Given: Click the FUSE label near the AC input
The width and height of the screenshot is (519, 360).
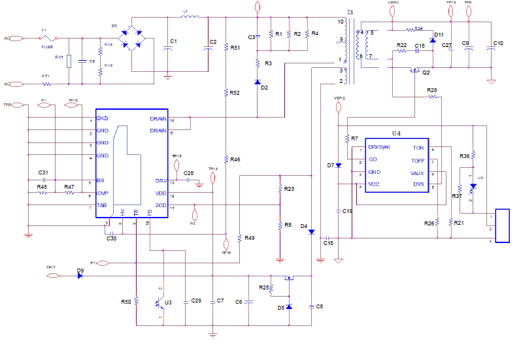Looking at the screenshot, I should pyautogui.click(x=47, y=47).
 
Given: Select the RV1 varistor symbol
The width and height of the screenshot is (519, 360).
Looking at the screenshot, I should pyautogui.click(x=69, y=61).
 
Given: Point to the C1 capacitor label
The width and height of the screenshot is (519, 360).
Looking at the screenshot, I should pyautogui.click(x=173, y=41).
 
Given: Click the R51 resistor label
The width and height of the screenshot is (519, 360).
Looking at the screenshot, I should pyautogui.click(x=235, y=48).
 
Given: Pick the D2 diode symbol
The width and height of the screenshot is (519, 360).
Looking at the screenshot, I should pyautogui.click(x=258, y=81).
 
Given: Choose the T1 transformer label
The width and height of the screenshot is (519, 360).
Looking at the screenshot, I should pyautogui.click(x=350, y=12).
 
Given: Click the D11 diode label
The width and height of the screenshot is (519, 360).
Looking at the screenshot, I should pyautogui.click(x=439, y=34).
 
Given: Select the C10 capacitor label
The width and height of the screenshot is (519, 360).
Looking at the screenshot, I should pyautogui.click(x=498, y=43).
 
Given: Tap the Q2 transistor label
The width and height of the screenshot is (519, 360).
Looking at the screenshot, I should pyautogui.click(x=426, y=72).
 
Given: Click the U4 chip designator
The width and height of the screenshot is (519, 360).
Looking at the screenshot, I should pyautogui.click(x=396, y=133).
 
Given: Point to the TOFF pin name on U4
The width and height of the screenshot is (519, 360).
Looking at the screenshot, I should pyautogui.click(x=418, y=160).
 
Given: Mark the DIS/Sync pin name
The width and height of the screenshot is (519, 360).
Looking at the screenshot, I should pyautogui.click(x=379, y=147).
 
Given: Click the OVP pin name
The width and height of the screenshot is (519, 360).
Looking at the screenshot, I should pyautogui.click(x=102, y=193).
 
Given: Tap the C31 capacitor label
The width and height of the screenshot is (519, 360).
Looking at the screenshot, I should pyautogui.click(x=43, y=172).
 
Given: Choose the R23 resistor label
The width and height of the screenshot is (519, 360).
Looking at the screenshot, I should pyautogui.click(x=289, y=189).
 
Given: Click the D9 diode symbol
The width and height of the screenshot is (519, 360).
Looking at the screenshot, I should pyautogui.click(x=80, y=275).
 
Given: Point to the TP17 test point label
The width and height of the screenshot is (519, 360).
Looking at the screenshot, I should pyautogui.click(x=51, y=267).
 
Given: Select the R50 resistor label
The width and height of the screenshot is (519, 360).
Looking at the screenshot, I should pyautogui.click(x=126, y=302).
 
